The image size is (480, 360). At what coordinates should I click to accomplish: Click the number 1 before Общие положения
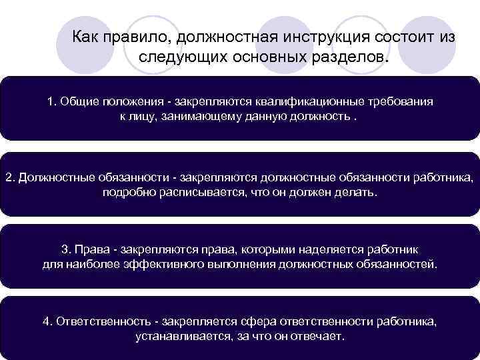(x=51, y=102)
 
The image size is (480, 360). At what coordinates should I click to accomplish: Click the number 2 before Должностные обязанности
(x=9, y=178)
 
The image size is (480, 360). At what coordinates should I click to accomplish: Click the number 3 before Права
(x=65, y=249)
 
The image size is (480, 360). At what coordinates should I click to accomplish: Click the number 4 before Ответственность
(x=46, y=321)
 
